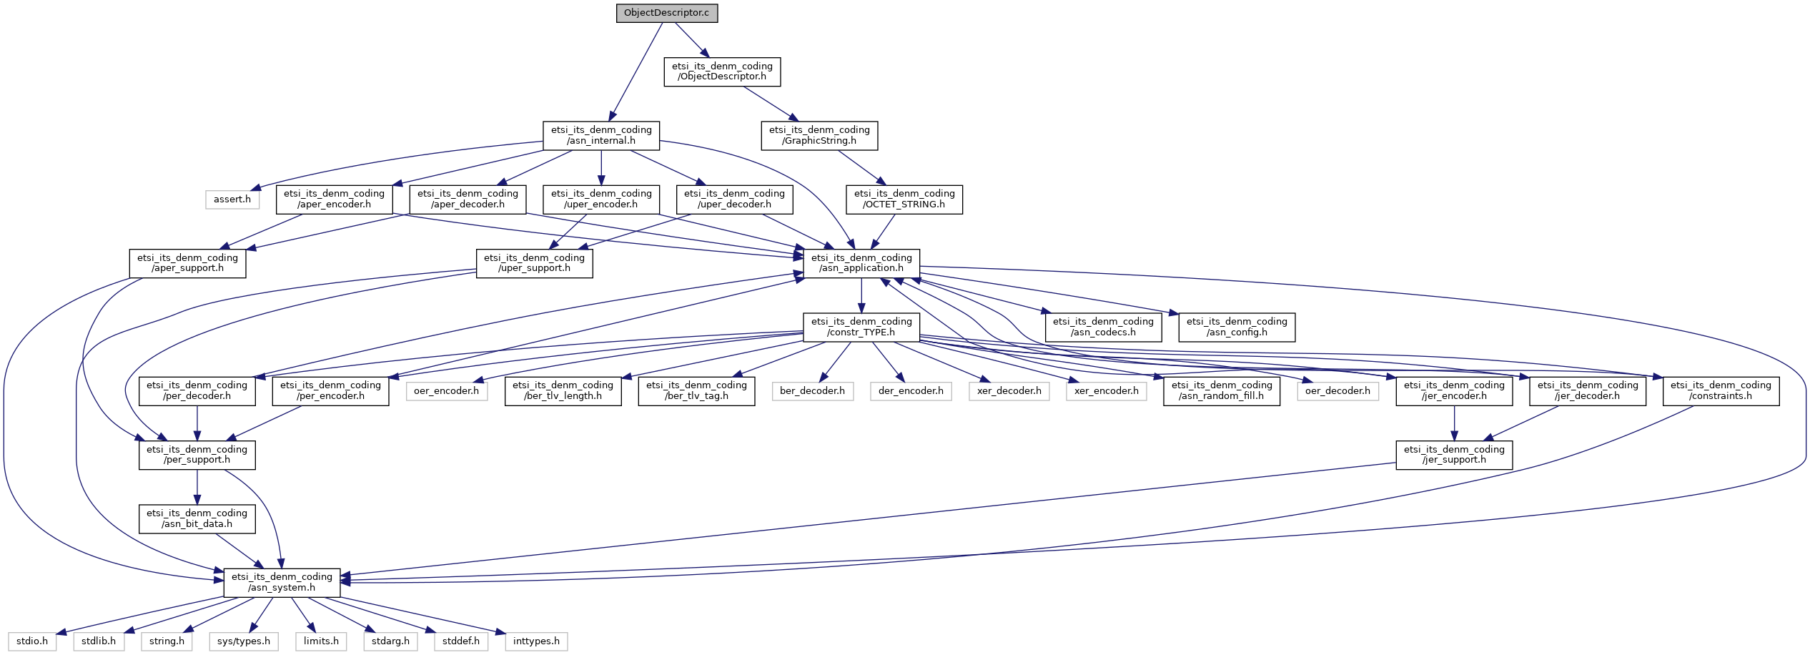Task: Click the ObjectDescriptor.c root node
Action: point(667,13)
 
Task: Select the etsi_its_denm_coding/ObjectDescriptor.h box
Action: point(722,72)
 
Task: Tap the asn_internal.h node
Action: point(601,135)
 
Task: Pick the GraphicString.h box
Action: point(819,135)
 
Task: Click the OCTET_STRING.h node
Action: point(904,199)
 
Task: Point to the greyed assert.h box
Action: point(232,199)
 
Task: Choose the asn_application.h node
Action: point(861,262)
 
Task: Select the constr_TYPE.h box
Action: point(861,327)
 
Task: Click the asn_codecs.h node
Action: point(1103,327)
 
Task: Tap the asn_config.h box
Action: point(1237,327)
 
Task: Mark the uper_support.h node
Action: point(534,262)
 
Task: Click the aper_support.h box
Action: point(187,262)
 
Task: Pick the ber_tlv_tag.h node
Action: point(696,390)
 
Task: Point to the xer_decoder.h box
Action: point(1009,391)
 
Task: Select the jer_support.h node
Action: point(1454,454)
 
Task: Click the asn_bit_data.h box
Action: point(197,518)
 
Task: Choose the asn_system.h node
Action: point(282,582)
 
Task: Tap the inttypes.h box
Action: point(536,641)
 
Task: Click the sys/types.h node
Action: point(244,641)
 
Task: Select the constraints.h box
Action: point(1721,390)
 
